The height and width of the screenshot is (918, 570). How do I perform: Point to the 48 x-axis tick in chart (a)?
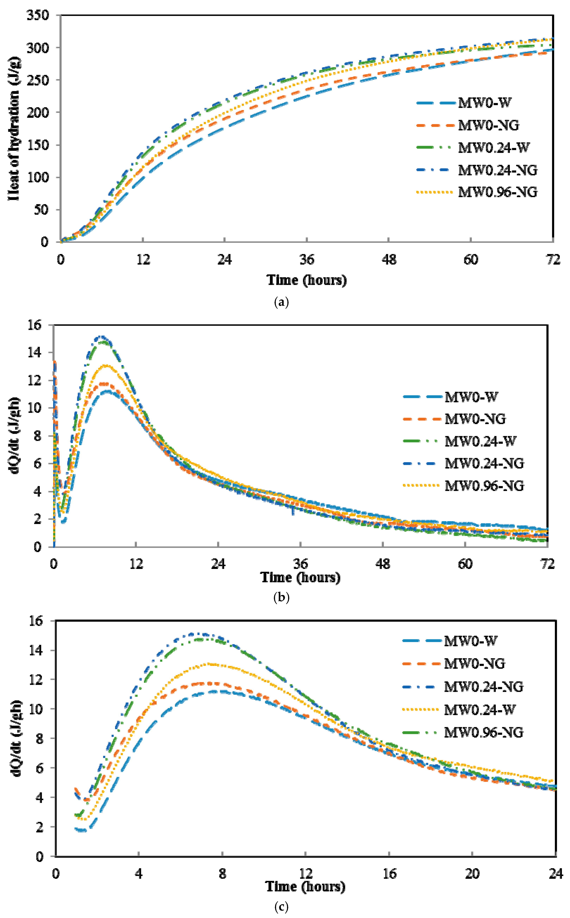(x=389, y=260)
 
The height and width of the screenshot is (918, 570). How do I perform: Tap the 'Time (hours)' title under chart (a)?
(x=307, y=280)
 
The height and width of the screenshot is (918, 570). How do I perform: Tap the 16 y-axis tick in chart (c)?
(x=37, y=621)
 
